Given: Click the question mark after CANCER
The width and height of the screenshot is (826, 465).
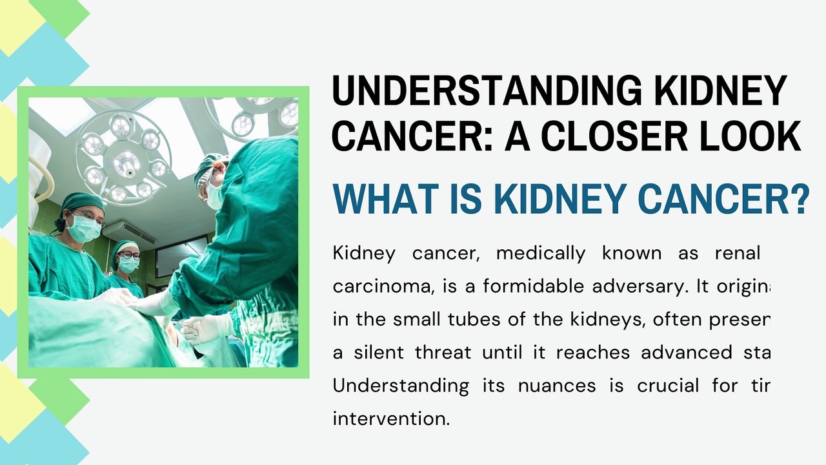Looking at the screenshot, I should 799,200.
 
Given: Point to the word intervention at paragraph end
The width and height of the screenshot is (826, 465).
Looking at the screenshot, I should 390,418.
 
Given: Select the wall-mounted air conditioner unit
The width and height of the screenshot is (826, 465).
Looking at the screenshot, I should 129,232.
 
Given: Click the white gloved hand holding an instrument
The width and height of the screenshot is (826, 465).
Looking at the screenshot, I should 203,328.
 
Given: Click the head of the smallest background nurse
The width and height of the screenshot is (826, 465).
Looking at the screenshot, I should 126,255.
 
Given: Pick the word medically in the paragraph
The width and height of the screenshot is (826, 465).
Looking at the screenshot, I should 540,253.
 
